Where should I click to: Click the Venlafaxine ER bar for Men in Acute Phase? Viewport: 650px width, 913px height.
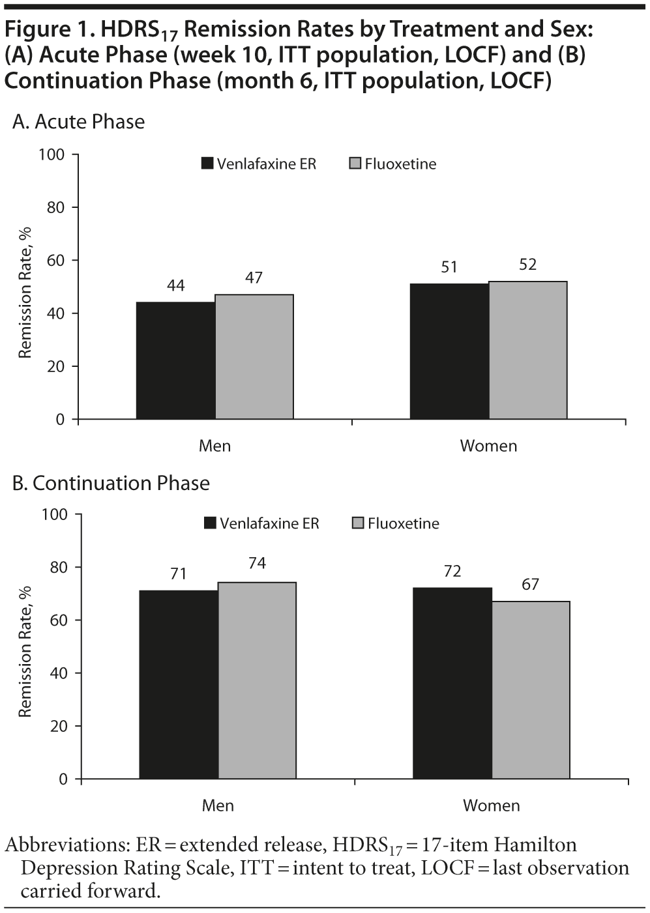[175, 360]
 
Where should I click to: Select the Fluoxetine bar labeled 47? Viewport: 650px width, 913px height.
[254, 356]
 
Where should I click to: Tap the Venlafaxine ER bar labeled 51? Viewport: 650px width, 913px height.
[449, 351]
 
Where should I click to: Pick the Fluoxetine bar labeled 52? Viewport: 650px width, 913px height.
[527, 350]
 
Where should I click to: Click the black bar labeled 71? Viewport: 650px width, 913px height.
[179, 684]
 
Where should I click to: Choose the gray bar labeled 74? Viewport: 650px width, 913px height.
[257, 680]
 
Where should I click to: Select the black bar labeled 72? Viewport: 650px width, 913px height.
[452, 683]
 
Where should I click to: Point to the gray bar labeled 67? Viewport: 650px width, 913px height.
[531, 689]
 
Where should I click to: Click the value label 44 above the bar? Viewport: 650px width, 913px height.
[175, 285]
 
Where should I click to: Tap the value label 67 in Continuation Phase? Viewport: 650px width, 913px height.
[530, 585]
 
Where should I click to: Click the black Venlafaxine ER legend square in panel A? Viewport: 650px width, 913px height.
[207, 164]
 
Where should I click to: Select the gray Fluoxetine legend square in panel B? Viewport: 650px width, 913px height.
[358, 523]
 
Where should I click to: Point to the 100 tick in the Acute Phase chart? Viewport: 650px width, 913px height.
[52, 154]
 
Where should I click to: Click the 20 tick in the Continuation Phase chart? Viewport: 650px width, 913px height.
[59, 726]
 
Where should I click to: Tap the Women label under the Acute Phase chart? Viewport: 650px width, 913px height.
[488, 446]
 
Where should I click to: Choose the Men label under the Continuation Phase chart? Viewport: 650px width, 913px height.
[218, 805]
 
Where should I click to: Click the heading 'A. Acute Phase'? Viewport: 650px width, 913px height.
[78, 122]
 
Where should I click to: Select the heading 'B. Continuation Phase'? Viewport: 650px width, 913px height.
[111, 483]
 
